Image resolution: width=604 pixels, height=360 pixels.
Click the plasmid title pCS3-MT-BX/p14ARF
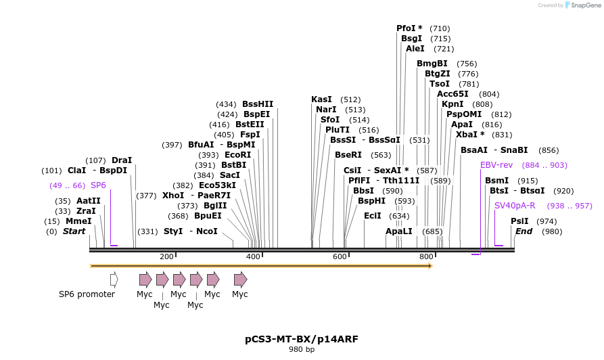302,338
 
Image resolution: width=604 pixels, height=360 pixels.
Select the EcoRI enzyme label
237,154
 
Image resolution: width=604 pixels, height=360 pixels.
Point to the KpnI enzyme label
452,104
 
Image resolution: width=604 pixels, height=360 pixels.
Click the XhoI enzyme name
173,196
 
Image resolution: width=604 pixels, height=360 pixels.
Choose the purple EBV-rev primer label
496,165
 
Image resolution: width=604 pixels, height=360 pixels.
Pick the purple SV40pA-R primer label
515,206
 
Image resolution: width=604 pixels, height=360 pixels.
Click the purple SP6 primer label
98,185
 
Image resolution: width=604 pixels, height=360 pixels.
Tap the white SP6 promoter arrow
114,279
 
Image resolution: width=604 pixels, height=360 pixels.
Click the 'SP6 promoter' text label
87,294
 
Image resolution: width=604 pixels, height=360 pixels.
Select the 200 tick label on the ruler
166,256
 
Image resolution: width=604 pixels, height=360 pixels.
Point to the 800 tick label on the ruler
426,256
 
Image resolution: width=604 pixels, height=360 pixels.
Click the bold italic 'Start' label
74,231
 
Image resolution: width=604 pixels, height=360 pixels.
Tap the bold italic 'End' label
524,231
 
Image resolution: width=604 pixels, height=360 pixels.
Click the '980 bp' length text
302,350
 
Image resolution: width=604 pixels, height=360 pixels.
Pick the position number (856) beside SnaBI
549,150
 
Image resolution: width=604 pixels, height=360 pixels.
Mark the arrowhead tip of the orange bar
431,266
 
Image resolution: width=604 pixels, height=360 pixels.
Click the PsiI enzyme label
519,221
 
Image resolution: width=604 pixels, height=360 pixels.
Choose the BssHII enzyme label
258,104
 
